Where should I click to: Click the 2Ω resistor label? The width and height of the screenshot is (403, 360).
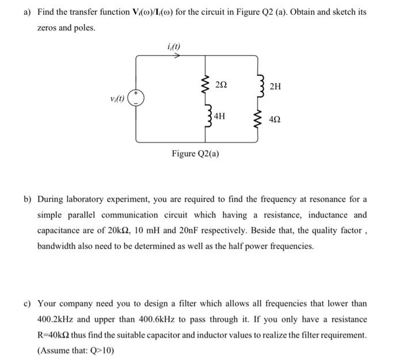click(220, 85)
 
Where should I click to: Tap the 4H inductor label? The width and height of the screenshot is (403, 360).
click(219, 116)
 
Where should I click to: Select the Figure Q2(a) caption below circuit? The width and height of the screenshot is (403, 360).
click(195, 154)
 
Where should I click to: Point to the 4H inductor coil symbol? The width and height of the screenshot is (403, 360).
click(206, 118)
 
